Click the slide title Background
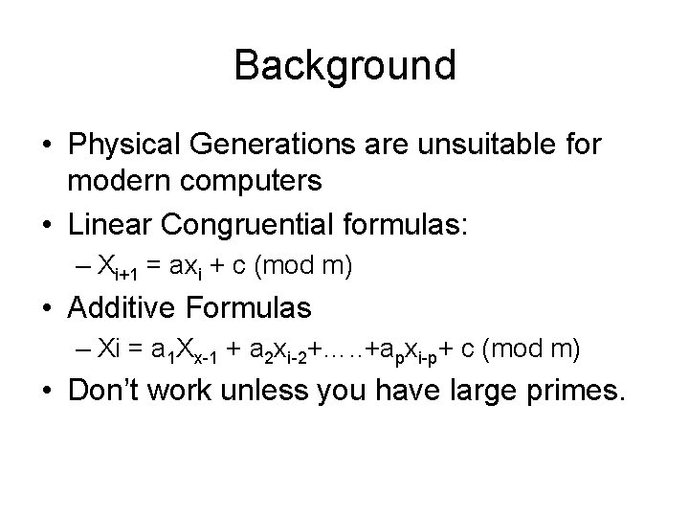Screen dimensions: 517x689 tap(344, 65)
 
